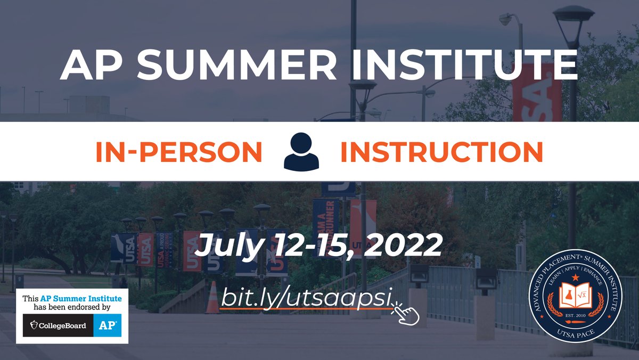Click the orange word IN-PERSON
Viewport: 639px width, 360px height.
click(x=179, y=152)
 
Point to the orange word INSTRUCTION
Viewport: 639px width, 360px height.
click(x=441, y=152)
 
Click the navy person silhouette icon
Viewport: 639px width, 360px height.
click(x=301, y=152)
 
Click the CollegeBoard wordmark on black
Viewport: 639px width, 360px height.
click(x=59, y=325)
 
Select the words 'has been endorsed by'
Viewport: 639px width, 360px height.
click(x=72, y=308)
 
